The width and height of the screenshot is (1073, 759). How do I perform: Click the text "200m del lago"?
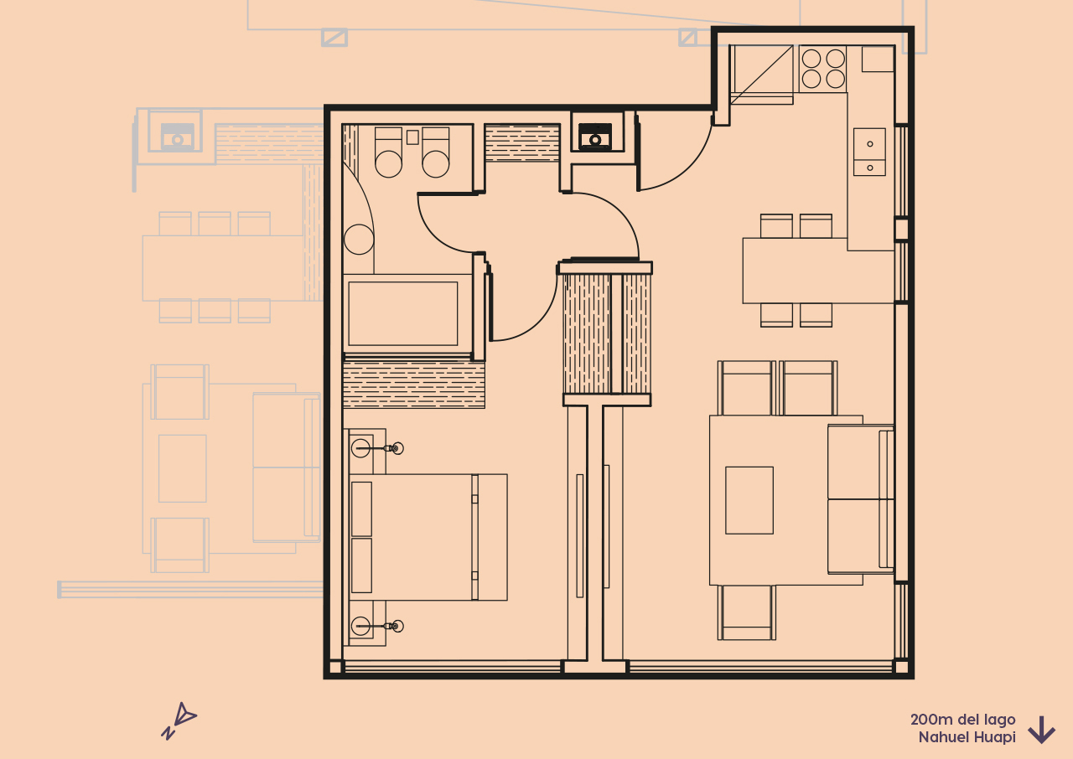point(962,720)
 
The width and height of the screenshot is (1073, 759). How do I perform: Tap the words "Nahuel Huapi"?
point(967,737)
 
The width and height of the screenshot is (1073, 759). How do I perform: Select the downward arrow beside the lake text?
point(1041,730)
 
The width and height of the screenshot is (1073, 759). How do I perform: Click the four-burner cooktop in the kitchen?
point(822,69)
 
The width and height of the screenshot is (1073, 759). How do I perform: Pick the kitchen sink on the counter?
point(869,152)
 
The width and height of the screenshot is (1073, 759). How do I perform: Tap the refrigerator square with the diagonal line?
point(761,74)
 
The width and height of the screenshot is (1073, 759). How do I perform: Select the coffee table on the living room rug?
point(749,500)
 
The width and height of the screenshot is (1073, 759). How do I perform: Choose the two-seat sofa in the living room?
point(860,499)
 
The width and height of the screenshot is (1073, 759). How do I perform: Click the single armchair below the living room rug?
point(746,612)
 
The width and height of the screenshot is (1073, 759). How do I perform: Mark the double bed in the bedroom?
point(428,537)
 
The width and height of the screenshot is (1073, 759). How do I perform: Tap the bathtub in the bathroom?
point(403,313)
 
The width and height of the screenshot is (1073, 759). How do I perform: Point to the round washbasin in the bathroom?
point(359,240)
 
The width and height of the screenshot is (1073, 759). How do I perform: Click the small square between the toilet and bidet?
point(412,137)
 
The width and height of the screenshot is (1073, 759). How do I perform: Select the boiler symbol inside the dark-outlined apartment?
point(595,135)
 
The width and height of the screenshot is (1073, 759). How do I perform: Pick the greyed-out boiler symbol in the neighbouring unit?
point(177,135)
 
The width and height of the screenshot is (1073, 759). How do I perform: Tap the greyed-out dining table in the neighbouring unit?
point(223,268)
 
